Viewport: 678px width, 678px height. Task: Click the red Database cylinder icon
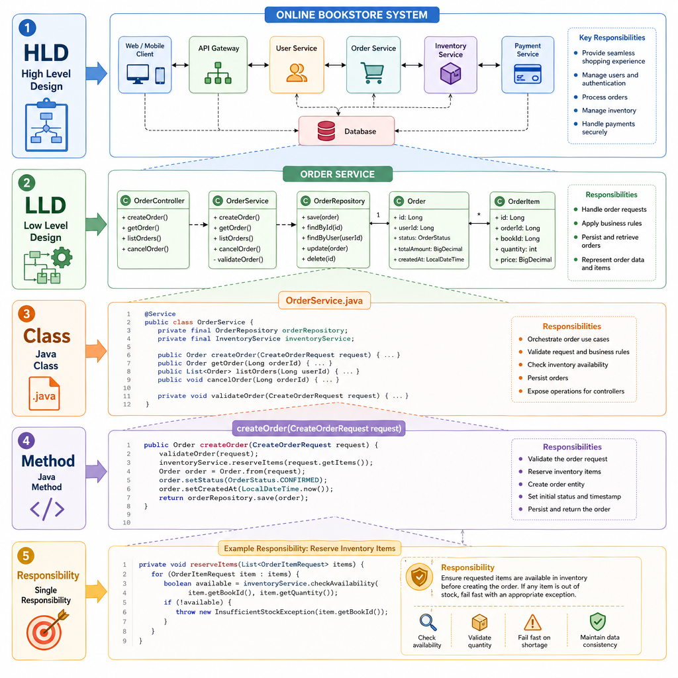(326, 131)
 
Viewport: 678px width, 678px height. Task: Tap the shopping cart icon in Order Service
(372, 73)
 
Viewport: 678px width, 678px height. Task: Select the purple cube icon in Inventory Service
(450, 73)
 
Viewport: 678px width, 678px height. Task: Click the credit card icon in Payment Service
(528, 73)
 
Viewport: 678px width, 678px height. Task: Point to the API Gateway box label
(218, 48)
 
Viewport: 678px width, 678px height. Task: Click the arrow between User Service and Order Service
(335, 66)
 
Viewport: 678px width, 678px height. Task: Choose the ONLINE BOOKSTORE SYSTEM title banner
(352, 15)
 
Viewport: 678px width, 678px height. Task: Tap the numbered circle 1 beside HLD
(27, 28)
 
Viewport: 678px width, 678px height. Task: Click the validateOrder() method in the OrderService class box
(238, 260)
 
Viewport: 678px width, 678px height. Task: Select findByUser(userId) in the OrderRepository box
(332, 238)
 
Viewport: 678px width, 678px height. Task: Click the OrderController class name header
(159, 201)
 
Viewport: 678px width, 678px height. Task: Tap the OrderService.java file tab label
(324, 301)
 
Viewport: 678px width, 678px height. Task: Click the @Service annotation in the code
(160, 314)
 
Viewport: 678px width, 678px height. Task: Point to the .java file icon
(44, 393)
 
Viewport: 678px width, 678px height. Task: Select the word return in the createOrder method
(171, 498)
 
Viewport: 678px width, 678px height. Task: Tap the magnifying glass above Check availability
(428, 622)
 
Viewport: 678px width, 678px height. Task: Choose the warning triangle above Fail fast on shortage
(532, 622)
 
